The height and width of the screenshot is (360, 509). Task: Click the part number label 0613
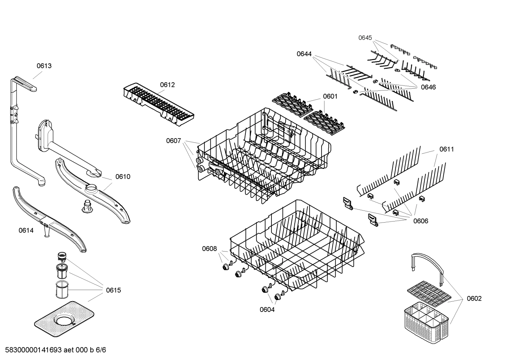44,66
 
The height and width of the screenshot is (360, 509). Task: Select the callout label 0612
167,85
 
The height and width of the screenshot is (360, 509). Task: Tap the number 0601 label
330,96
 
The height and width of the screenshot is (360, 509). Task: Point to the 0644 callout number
304,54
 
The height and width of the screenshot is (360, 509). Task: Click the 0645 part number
365,38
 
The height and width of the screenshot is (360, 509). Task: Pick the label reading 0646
428,87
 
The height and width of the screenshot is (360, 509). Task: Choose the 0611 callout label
447,149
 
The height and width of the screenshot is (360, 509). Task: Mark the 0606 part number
421,221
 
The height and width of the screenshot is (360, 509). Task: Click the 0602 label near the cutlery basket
474,299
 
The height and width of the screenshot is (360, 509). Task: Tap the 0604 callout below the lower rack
267,310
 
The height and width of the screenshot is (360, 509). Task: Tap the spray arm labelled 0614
49,219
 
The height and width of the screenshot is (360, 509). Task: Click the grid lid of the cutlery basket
429,293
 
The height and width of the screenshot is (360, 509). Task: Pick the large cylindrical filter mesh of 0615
61,289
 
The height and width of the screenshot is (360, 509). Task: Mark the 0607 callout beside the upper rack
173,141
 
